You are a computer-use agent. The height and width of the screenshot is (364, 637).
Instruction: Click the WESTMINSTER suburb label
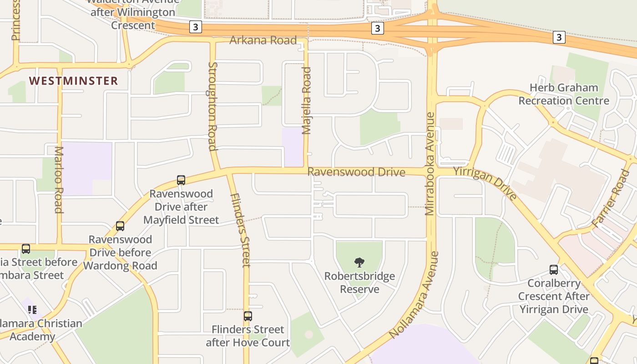73,81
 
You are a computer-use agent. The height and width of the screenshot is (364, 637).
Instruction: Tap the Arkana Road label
263,40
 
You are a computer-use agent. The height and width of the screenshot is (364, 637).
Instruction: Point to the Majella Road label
307,101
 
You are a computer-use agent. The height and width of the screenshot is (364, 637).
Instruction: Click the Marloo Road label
59,179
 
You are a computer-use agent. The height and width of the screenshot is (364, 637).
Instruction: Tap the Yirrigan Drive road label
485,183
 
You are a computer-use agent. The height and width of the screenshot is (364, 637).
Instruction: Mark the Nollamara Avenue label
415,295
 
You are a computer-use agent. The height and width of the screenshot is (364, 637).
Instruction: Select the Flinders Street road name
240,230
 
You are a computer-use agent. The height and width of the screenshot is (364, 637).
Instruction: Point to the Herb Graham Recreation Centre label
564,94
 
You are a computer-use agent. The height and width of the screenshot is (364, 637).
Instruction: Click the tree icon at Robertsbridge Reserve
359,262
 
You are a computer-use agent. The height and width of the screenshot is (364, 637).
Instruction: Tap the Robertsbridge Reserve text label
359,283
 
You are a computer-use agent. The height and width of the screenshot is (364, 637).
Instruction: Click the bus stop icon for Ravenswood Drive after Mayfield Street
181,180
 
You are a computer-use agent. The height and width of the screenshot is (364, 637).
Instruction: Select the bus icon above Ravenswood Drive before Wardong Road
120,226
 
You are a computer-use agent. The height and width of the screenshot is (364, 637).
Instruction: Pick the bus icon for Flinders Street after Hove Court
248,316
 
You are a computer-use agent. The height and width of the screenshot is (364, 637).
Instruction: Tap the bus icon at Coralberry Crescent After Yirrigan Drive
554,270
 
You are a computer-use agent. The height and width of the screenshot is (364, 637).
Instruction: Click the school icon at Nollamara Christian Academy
32,310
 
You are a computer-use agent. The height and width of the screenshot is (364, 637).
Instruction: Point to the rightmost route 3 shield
559,37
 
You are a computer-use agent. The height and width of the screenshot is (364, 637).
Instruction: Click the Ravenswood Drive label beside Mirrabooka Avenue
356,172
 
